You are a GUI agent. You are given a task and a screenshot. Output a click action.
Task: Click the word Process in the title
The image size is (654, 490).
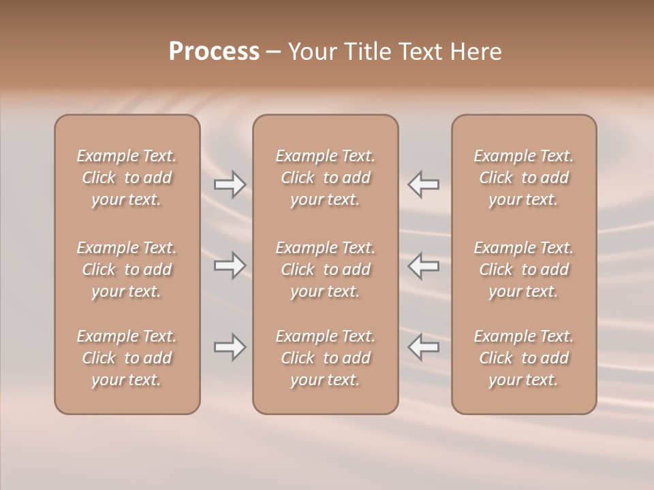point(214,52)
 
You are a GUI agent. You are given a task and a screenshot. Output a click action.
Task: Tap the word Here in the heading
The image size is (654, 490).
point(477,52)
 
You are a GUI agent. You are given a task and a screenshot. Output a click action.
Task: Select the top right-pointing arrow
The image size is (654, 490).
point(230,184)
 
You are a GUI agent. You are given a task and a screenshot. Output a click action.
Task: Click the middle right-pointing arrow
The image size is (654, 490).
point(230,265)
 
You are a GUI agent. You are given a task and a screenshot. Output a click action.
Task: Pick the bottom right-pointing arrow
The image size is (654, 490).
point(230,347)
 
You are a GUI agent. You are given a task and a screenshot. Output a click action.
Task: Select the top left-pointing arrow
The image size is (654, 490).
point(423,184)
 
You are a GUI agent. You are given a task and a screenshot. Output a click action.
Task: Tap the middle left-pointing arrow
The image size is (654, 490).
point(423,265)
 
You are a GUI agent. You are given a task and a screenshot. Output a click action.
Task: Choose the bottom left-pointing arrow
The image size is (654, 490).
point(423,347)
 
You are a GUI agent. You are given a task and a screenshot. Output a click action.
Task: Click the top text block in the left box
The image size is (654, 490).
point(127,178)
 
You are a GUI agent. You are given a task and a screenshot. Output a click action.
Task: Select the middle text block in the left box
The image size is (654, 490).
point(127,269)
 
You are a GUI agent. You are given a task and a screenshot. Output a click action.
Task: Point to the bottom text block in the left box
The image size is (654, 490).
point(127,358)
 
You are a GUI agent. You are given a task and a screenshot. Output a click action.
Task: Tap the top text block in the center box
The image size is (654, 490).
point(325,178)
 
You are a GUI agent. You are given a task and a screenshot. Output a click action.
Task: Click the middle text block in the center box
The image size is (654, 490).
point(325,269)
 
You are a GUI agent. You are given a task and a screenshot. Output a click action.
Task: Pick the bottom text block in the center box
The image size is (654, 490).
point(325,358)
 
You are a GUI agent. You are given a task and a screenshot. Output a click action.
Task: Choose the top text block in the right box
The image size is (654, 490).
point(523,178)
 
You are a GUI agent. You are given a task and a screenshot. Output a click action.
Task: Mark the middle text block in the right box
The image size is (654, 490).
point(523,269)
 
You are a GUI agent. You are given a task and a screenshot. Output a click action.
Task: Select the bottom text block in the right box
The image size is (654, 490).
point(523,358)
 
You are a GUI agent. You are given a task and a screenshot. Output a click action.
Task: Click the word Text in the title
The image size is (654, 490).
point(424,52)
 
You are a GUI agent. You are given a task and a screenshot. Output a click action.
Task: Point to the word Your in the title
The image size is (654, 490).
point(311,52)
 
